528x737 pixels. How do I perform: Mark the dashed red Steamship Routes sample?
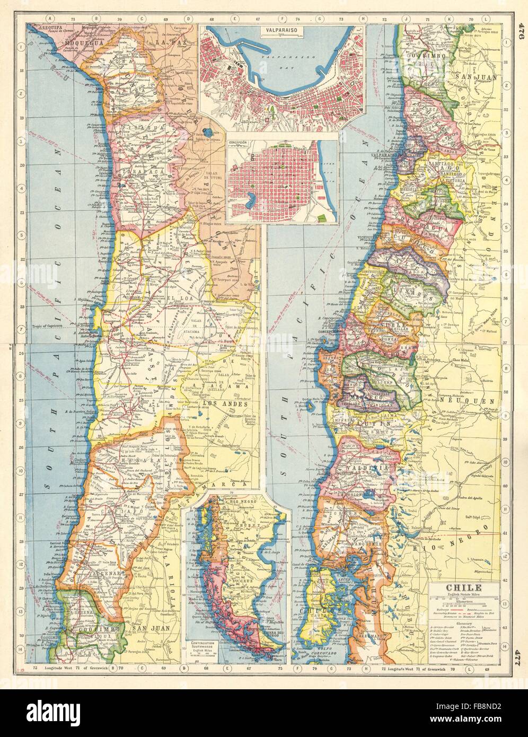456,615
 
